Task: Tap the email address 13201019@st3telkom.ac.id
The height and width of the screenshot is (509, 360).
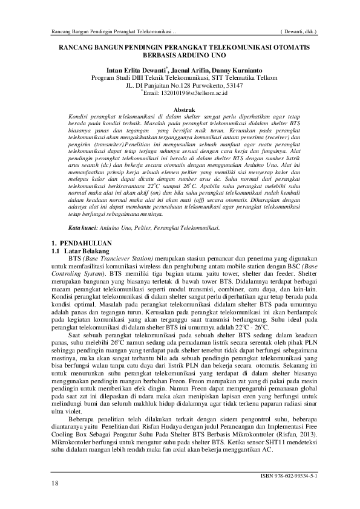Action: pos(186,94)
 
